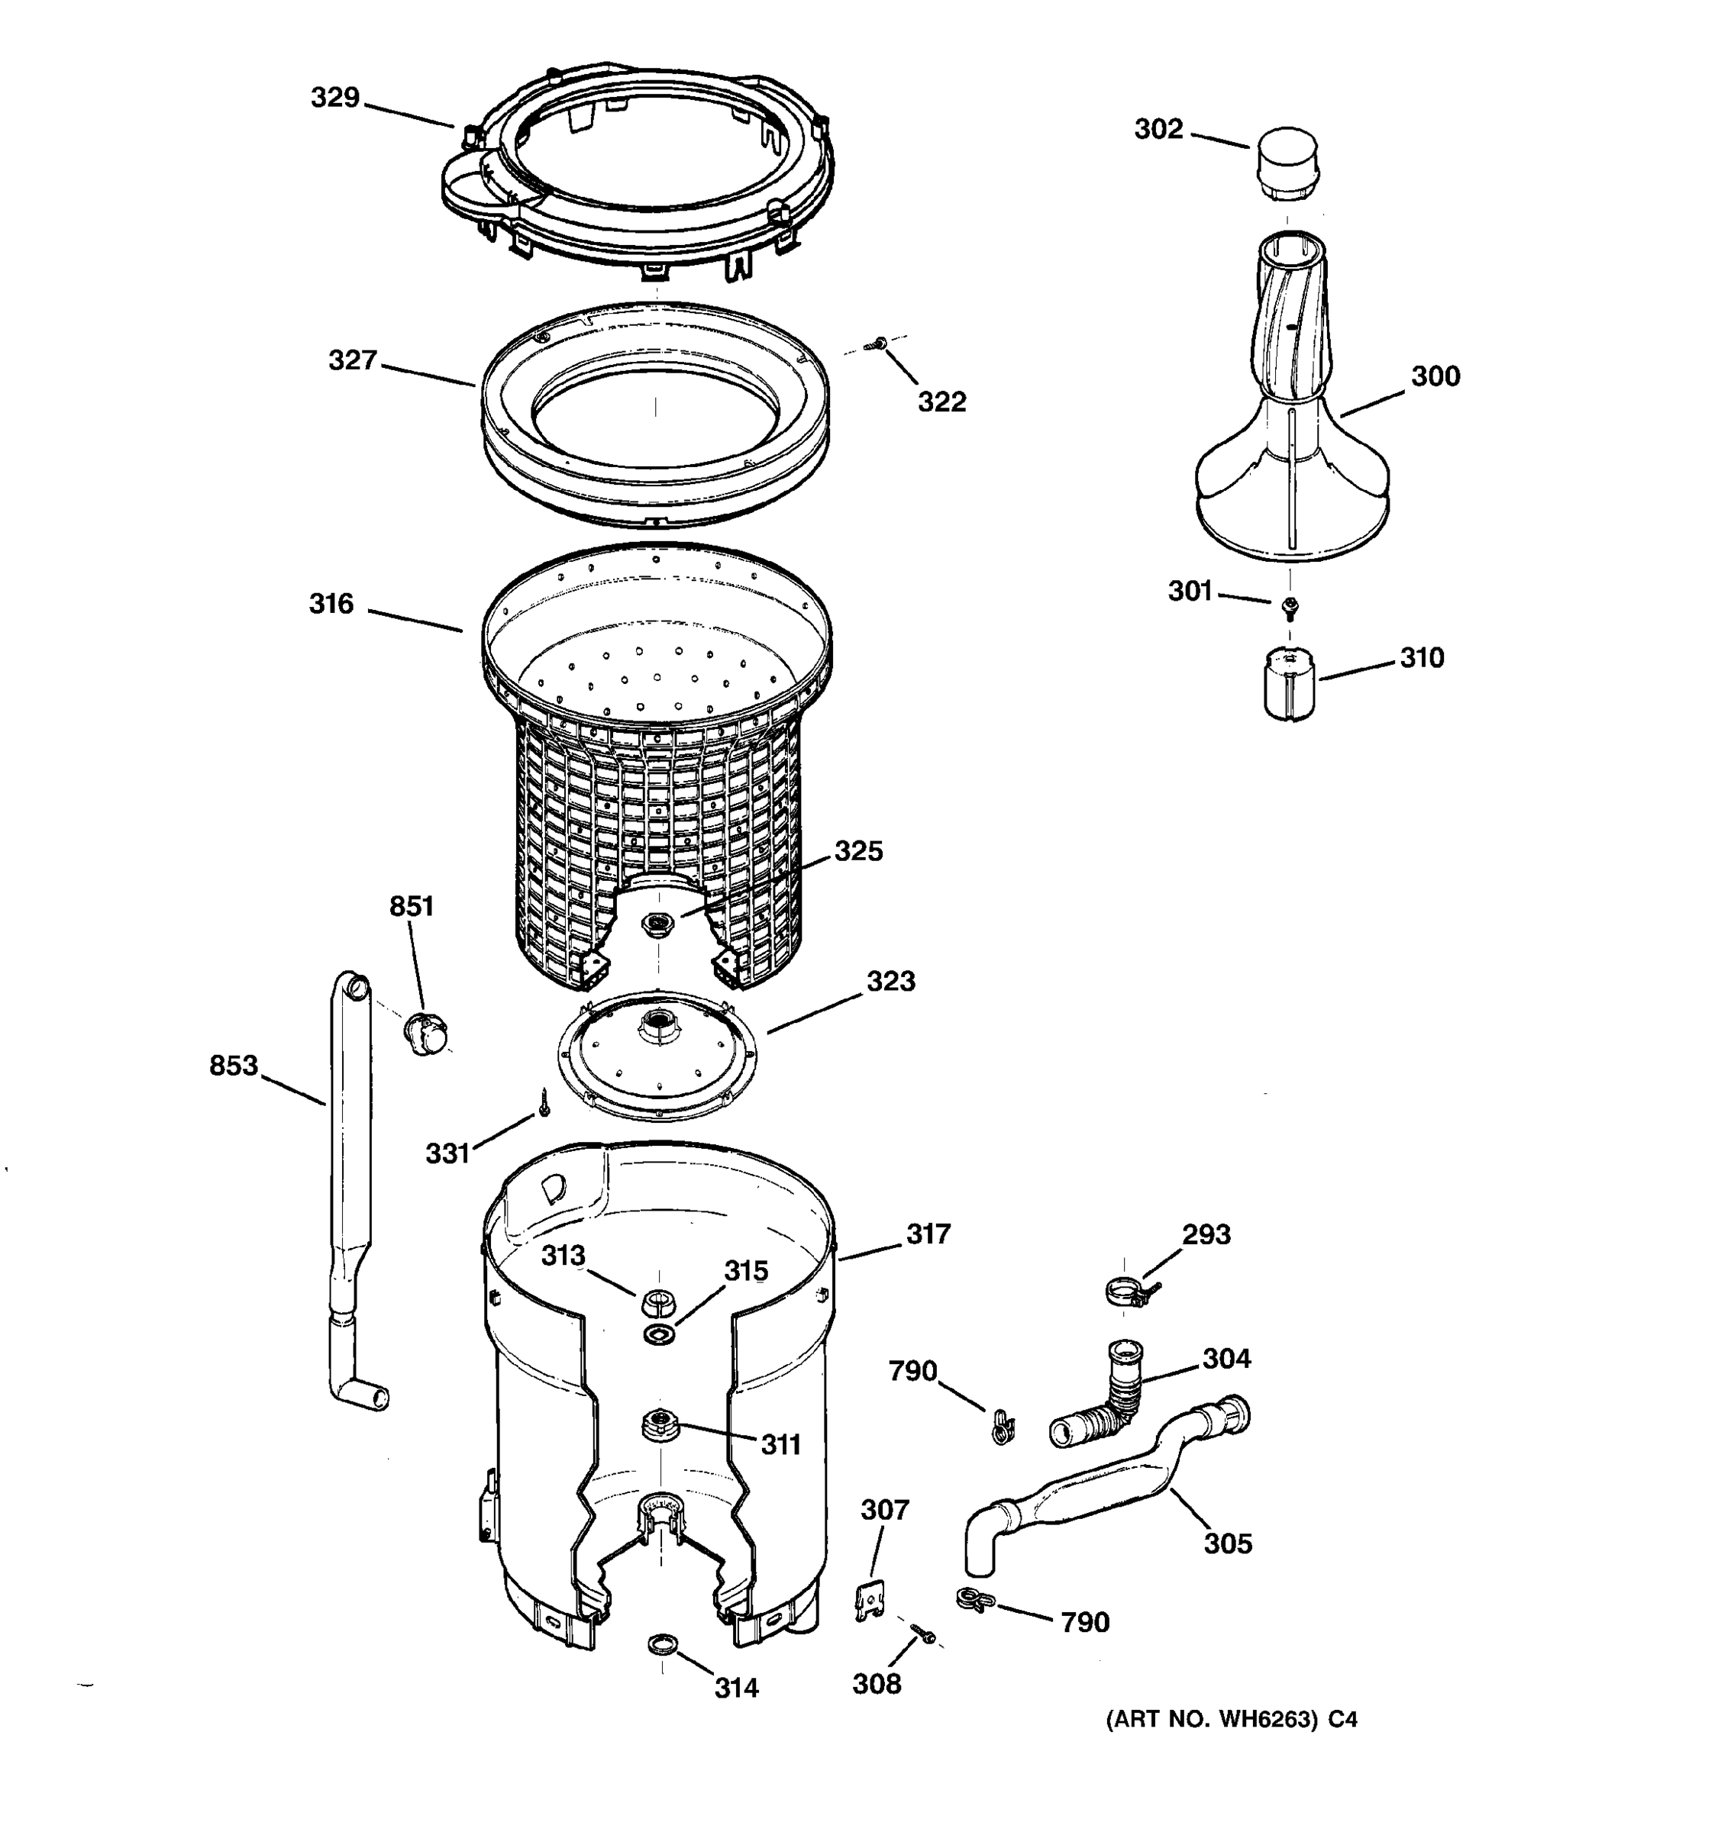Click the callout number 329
[334, 98]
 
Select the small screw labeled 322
[877, 345]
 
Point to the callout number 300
[1435, 376]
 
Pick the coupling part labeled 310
[1289, 683]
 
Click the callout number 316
[331, 604]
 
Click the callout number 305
[1228, 1543]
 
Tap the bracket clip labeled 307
[868, 1601]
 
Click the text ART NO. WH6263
[1212, 1720]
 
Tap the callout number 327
[353, 360]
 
